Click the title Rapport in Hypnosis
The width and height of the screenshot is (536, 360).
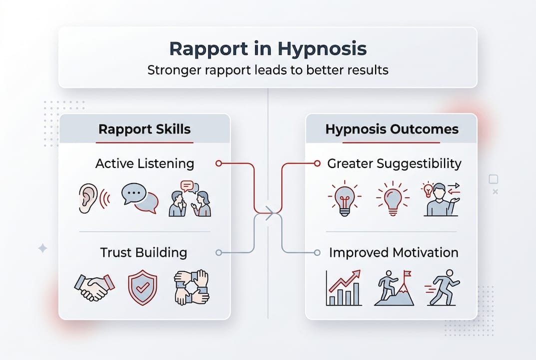(268, 49)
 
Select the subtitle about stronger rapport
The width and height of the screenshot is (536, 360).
(268, 69)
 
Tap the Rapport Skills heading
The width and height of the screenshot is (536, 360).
(144, 129)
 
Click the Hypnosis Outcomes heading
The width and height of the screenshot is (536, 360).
(392, 129)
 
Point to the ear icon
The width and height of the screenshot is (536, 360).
(90, 199)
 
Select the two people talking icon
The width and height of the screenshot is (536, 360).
(190, 199)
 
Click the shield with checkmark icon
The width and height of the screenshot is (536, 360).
(142, 288)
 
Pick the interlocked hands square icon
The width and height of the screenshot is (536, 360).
(191, 288)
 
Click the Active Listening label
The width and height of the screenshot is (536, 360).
(144, 163)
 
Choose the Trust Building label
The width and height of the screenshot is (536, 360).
(143, 252)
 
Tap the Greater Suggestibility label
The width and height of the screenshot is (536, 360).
(394, 163)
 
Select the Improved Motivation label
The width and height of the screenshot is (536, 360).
(393, 252)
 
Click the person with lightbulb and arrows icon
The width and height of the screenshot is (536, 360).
(441, 199)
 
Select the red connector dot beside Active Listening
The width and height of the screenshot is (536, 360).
(218, 163)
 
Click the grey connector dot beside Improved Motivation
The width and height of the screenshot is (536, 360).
(318, 252)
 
